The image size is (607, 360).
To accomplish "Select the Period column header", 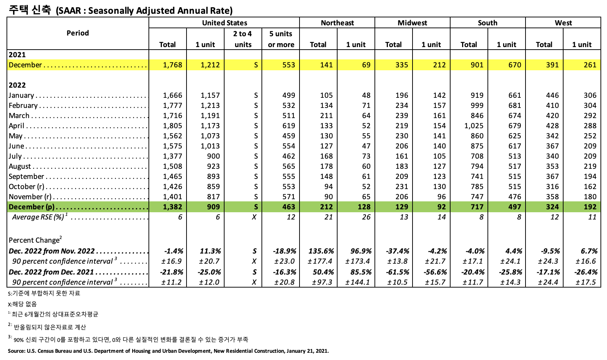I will (78, 33).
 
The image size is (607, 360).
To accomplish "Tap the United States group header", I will (224, 23).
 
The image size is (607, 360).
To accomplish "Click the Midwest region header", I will (412, 23).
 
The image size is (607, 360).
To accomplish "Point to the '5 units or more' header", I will (281, 39).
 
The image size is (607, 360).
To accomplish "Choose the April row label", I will (17, 126).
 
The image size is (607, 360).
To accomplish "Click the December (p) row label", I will (32, 207).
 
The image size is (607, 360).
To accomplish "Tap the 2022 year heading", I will (17, 85).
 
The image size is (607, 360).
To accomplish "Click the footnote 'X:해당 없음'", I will (22, 304).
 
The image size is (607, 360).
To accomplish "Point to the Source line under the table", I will (168, 351).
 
